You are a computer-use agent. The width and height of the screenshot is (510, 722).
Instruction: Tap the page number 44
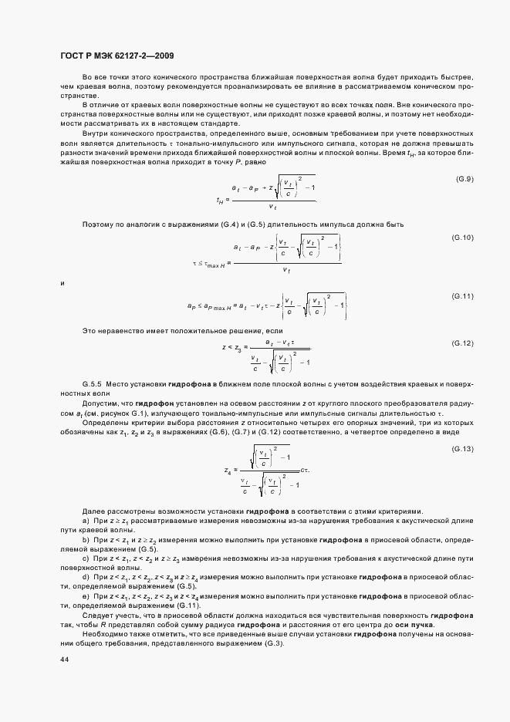click(x=63, y=660)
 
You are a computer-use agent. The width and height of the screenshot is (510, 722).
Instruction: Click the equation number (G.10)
click(x=461, y=238)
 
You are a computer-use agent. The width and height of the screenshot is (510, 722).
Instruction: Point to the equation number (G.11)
click(x=461, y=296)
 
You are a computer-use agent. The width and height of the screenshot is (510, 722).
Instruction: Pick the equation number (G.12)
click(x=461, y=342)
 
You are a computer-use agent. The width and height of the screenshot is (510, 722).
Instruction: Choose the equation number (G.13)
click(x=461, y=449)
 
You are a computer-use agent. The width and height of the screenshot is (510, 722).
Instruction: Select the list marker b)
click(x=85, y=539)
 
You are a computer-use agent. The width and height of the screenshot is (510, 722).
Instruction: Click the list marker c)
click(x=85, y=558)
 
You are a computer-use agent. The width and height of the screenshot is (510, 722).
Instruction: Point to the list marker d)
click(x=85, y=576)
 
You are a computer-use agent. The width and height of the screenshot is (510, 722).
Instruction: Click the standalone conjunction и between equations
click(x=62, y=284)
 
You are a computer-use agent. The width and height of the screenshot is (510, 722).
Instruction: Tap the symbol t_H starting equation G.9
click(x=220, y=200)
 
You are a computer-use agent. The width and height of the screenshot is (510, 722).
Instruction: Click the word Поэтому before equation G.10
click(x=99, y=224)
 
